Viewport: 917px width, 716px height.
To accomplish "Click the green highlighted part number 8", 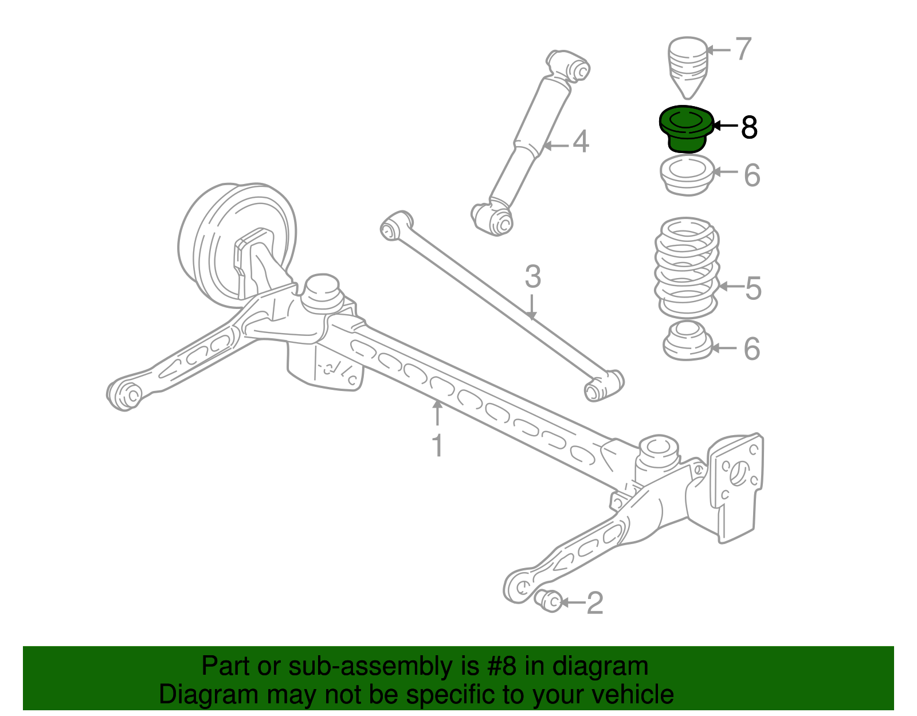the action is coord(686,128).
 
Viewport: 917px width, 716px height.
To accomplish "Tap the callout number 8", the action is coord(749,127).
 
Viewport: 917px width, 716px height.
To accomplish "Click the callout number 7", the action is coord(743,49).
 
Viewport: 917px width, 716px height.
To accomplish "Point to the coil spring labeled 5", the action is coord(687,268).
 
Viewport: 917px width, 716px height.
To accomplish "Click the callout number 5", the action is coord(753,288).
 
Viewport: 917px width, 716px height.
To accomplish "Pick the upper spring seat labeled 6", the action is coord(687,175).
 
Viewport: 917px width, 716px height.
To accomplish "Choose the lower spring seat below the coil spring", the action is coord(687,341).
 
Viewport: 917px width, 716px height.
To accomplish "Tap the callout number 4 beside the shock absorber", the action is coord(581,142).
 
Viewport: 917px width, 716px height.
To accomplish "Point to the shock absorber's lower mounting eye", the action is coord(493,217).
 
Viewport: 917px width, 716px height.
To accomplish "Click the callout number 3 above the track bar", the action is coord(533,277).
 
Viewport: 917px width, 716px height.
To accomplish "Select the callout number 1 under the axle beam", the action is coord(438,445).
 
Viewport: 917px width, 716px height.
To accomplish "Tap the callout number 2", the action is coord(594,603).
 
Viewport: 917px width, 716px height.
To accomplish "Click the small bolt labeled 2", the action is coord(548,601).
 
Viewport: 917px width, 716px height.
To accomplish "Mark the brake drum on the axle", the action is coord(236,245).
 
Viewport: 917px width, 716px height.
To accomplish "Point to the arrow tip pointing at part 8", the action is coord(713,126).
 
